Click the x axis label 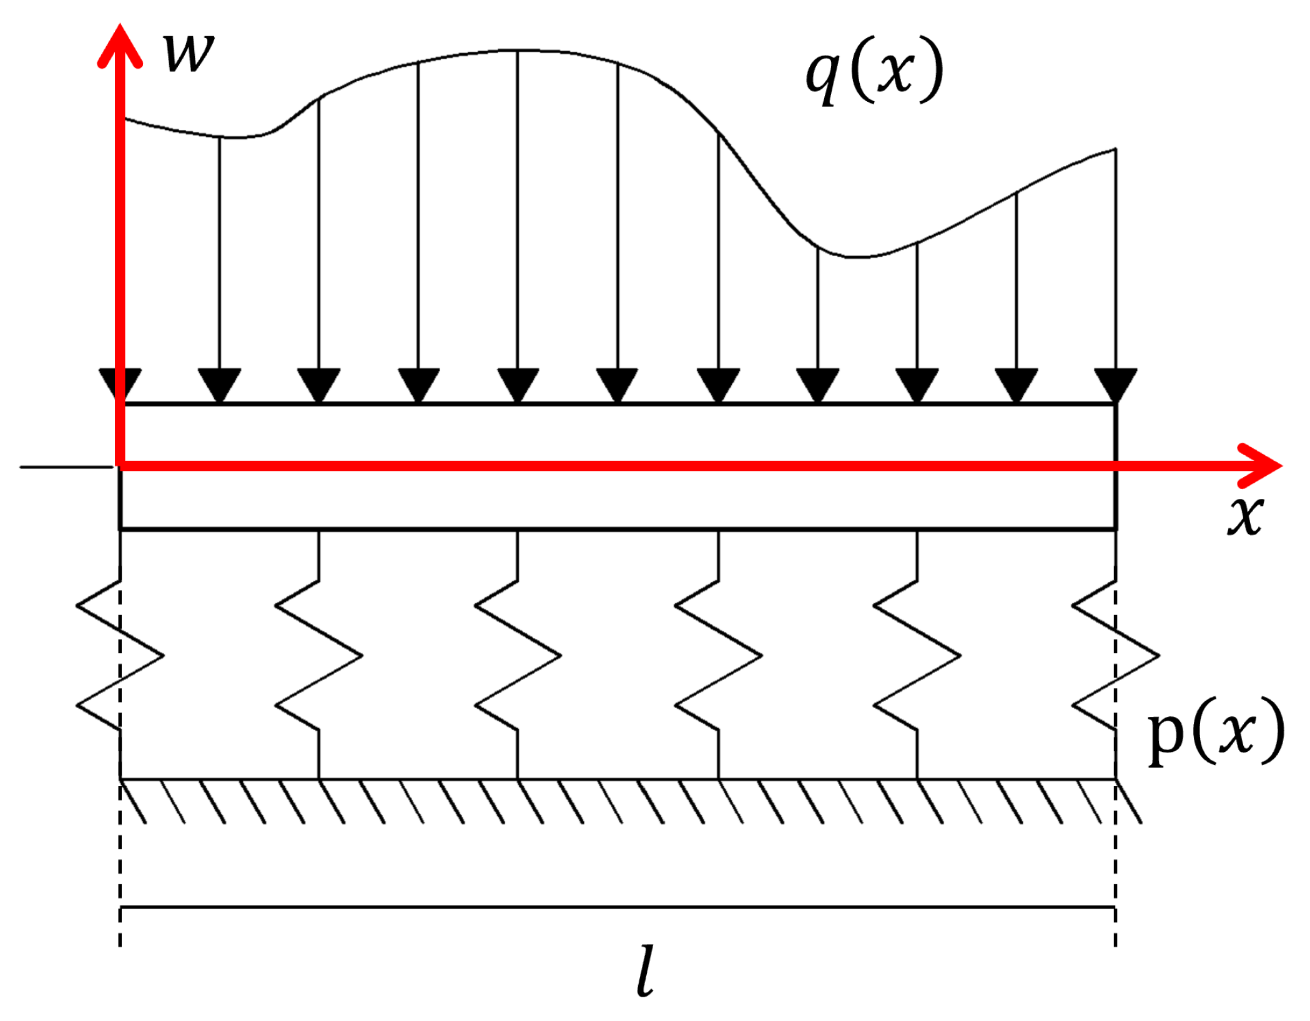1245,516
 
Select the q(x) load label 874,71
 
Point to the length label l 646,972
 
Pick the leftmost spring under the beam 120,656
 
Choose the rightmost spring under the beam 1115,656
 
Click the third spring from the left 518,656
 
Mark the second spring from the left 319,656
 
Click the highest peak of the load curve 518,50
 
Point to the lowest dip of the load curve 859,256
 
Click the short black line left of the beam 66,466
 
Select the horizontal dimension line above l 618,907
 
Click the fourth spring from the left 718,656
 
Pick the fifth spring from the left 917,656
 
